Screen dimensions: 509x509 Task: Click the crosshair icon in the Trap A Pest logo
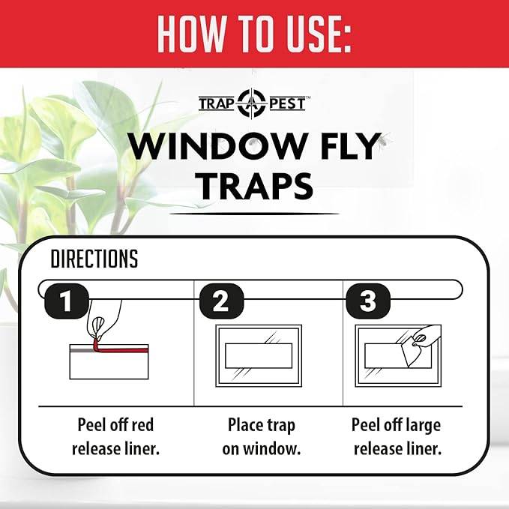click(251, 103)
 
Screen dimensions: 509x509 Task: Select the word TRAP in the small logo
click(217, 103)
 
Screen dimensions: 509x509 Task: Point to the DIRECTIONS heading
click(94, 259)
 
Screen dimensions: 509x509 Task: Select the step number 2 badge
click(220, 301)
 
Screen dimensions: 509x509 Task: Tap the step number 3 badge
click(368, 301)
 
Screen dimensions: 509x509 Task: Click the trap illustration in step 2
click(259, 355)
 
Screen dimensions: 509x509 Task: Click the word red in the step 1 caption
click(141, 425)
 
